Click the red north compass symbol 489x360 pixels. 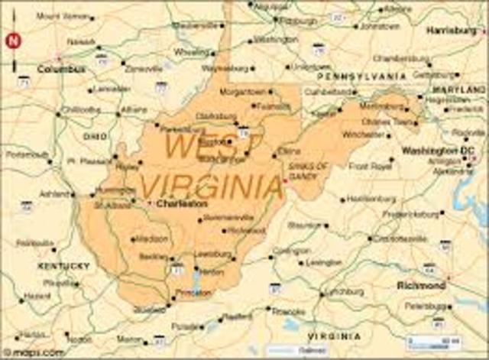point(13,41)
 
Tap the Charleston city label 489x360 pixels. point(182,204)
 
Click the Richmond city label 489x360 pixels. point(421,285)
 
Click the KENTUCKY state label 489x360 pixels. point(63,266)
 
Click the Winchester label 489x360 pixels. point(364,135)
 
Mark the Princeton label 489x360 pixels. point(192,292)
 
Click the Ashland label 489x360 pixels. point(55,193)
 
